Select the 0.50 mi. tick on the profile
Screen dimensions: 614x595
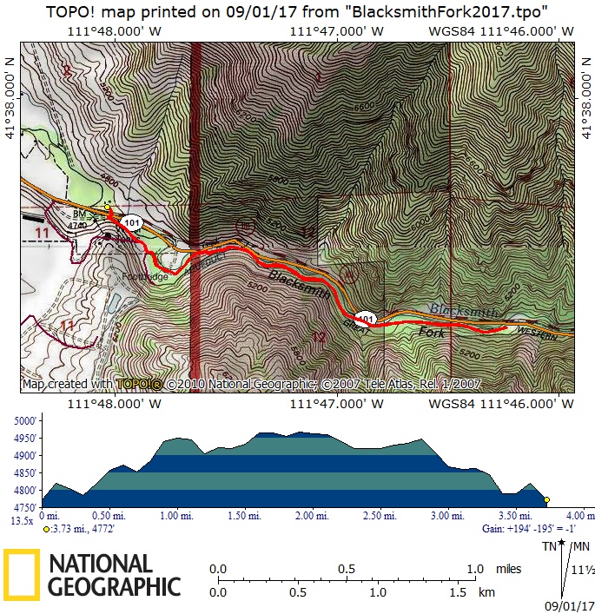110,516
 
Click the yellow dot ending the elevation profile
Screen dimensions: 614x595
546,500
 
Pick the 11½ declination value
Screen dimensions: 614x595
583,570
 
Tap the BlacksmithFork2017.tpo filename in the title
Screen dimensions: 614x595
444,10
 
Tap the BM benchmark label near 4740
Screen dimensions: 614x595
78,213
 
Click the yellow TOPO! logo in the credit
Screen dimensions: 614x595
139,383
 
